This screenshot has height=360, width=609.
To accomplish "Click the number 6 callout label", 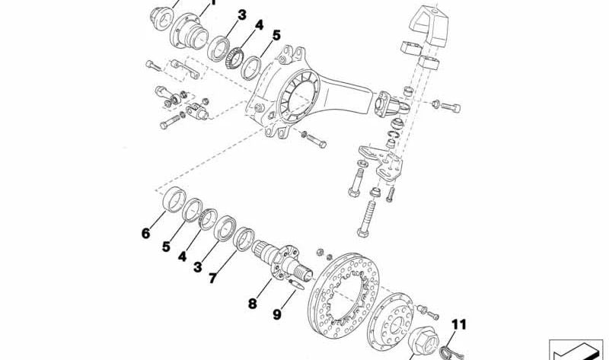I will point(145,234).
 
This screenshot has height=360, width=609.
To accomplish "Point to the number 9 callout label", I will point(276,313).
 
